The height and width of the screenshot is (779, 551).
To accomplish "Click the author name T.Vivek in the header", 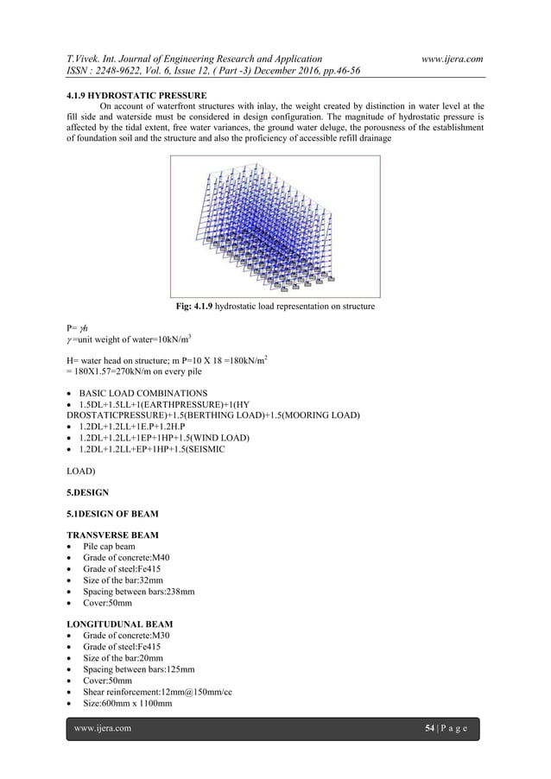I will (86, 57).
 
